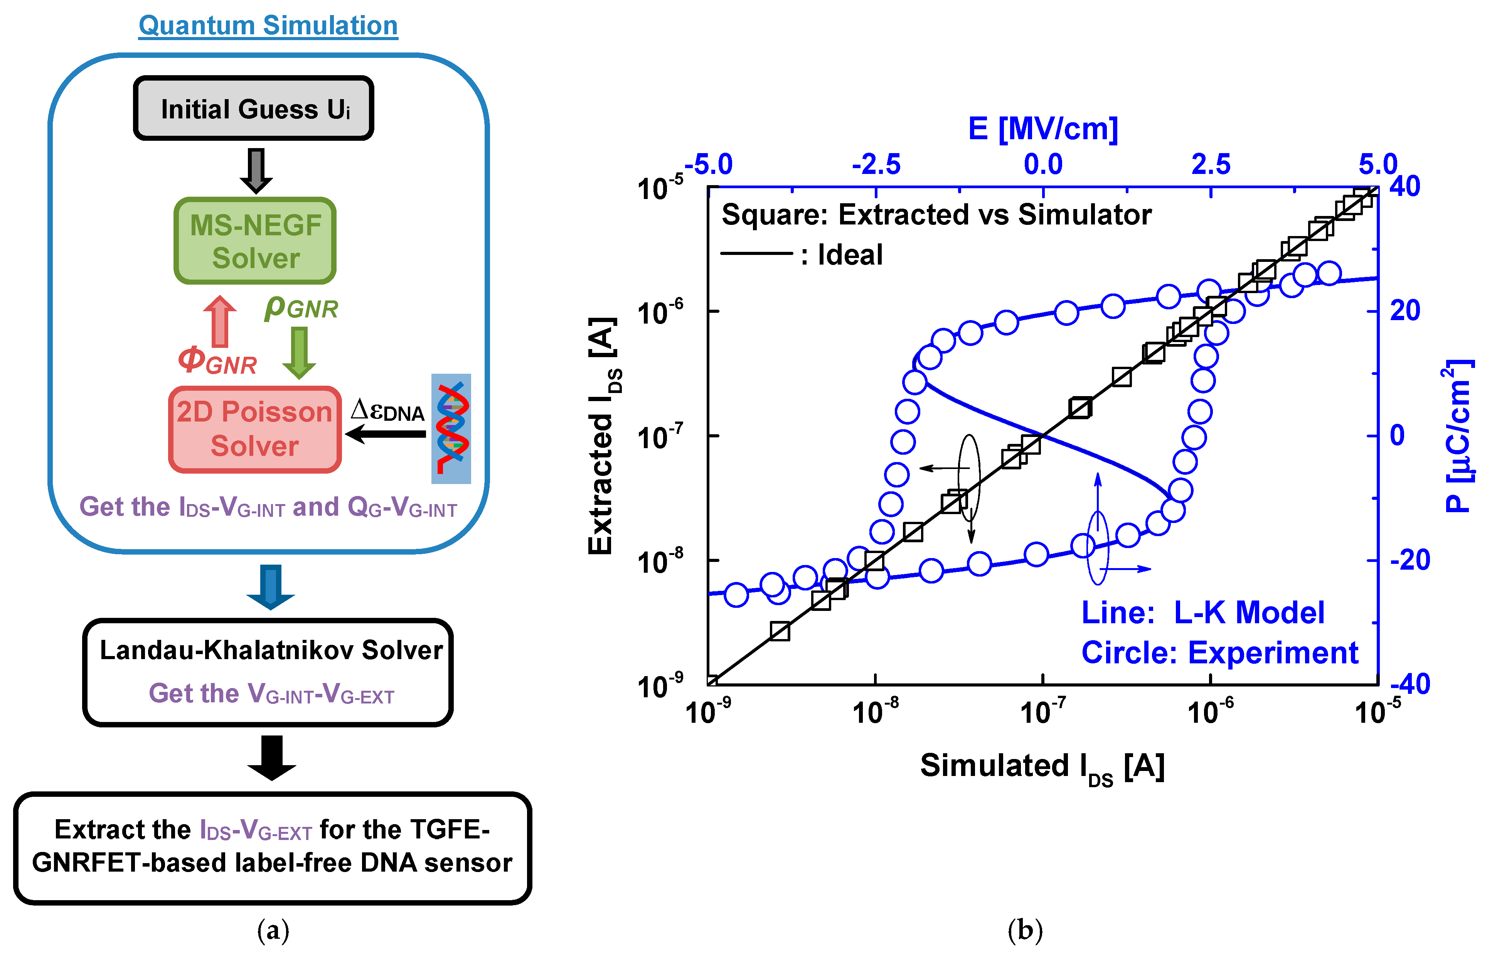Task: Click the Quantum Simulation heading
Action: click(x=268, y=26)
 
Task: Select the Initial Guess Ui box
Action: click(x=254, y=108)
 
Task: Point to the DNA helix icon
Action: click(x=451, y=428)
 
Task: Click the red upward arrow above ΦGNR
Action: click(x=220, y=322)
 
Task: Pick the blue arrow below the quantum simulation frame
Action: click(x=270, y=586)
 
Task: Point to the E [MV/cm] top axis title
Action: click(x=1043, y=129)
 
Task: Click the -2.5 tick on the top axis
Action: click(x=876, y=165)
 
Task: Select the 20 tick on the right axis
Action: click(x=1405, y=310)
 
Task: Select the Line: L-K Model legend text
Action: click(x=1202, y=612)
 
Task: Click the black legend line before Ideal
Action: click(x=756, y=253)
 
